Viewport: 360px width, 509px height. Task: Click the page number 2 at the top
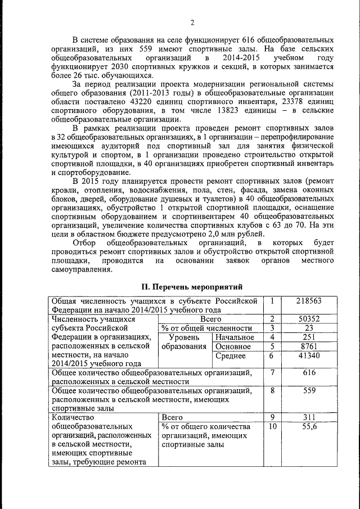(x=192, y=22)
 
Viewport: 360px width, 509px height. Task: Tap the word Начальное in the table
(x=235, y=337)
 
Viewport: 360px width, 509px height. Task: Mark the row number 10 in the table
(x=272, y=427)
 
